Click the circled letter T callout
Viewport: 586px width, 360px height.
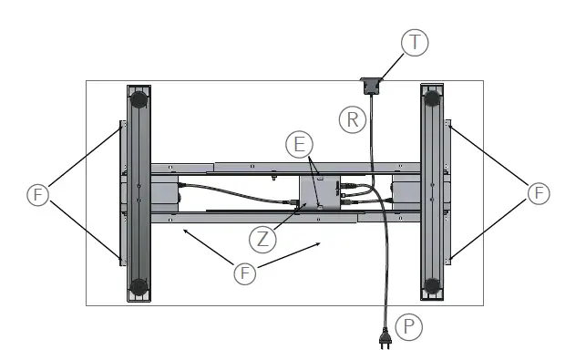416,43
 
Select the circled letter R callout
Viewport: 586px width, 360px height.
352,118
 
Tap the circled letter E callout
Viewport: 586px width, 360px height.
298,145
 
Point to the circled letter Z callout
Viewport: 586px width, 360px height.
262,240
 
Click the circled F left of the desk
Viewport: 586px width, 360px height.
37,194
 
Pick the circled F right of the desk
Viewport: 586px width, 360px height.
540,193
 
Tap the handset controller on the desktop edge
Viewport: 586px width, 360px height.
371,86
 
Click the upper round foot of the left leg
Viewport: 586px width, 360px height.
138,97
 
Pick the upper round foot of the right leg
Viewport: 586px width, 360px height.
432,96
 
